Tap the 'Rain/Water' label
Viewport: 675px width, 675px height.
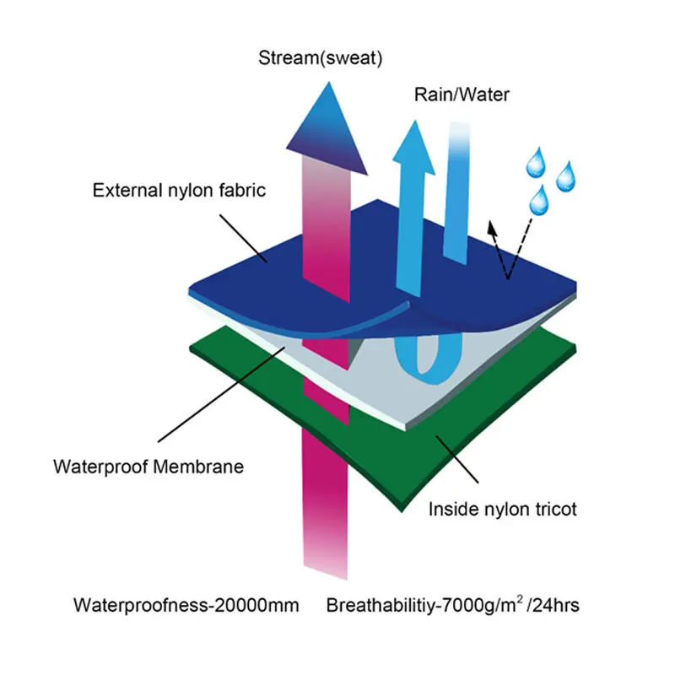pyautogui.click(x=462, y=94)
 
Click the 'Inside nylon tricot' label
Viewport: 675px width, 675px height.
pyautogui.click(x=503, y=509)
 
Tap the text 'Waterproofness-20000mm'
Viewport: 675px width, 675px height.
pyautogui.click(x=186, y=605)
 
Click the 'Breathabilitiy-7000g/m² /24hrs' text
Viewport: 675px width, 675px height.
pyautogui.click(x=463, y=605)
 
